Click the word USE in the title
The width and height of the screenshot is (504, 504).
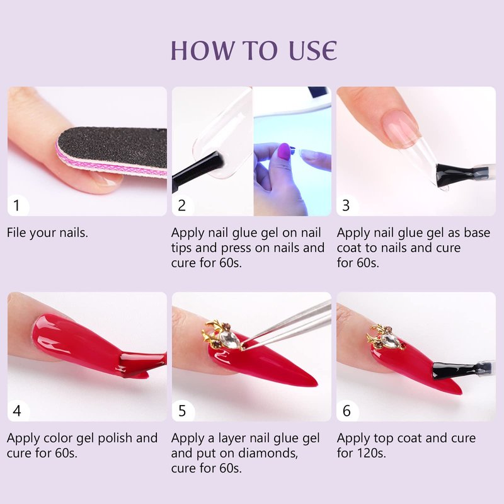[x=312, y=50]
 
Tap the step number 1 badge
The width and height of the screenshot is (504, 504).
[x=18, y=205]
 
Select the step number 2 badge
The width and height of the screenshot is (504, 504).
[x=182, y=205]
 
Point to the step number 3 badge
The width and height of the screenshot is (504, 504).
[x=346, y=205]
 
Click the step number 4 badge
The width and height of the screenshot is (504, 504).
[x=18, y=411]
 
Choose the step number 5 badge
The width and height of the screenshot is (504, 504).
[x=182, y=411]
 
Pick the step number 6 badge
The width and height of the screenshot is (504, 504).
[x=346, y=411]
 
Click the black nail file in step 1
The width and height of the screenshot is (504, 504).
[x=113, y=151]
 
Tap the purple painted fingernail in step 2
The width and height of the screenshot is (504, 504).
[x=284, y=151]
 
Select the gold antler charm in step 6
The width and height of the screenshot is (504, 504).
[x=385, y=338]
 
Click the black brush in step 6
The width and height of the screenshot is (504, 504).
[x=460, y=370]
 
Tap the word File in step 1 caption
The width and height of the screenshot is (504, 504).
[x=16, y=232]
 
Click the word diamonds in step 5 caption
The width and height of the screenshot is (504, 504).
[x=268, y=453]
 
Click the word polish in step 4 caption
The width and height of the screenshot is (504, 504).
[x=115, y=438]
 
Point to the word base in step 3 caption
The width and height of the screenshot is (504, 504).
[x=478, y=232]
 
